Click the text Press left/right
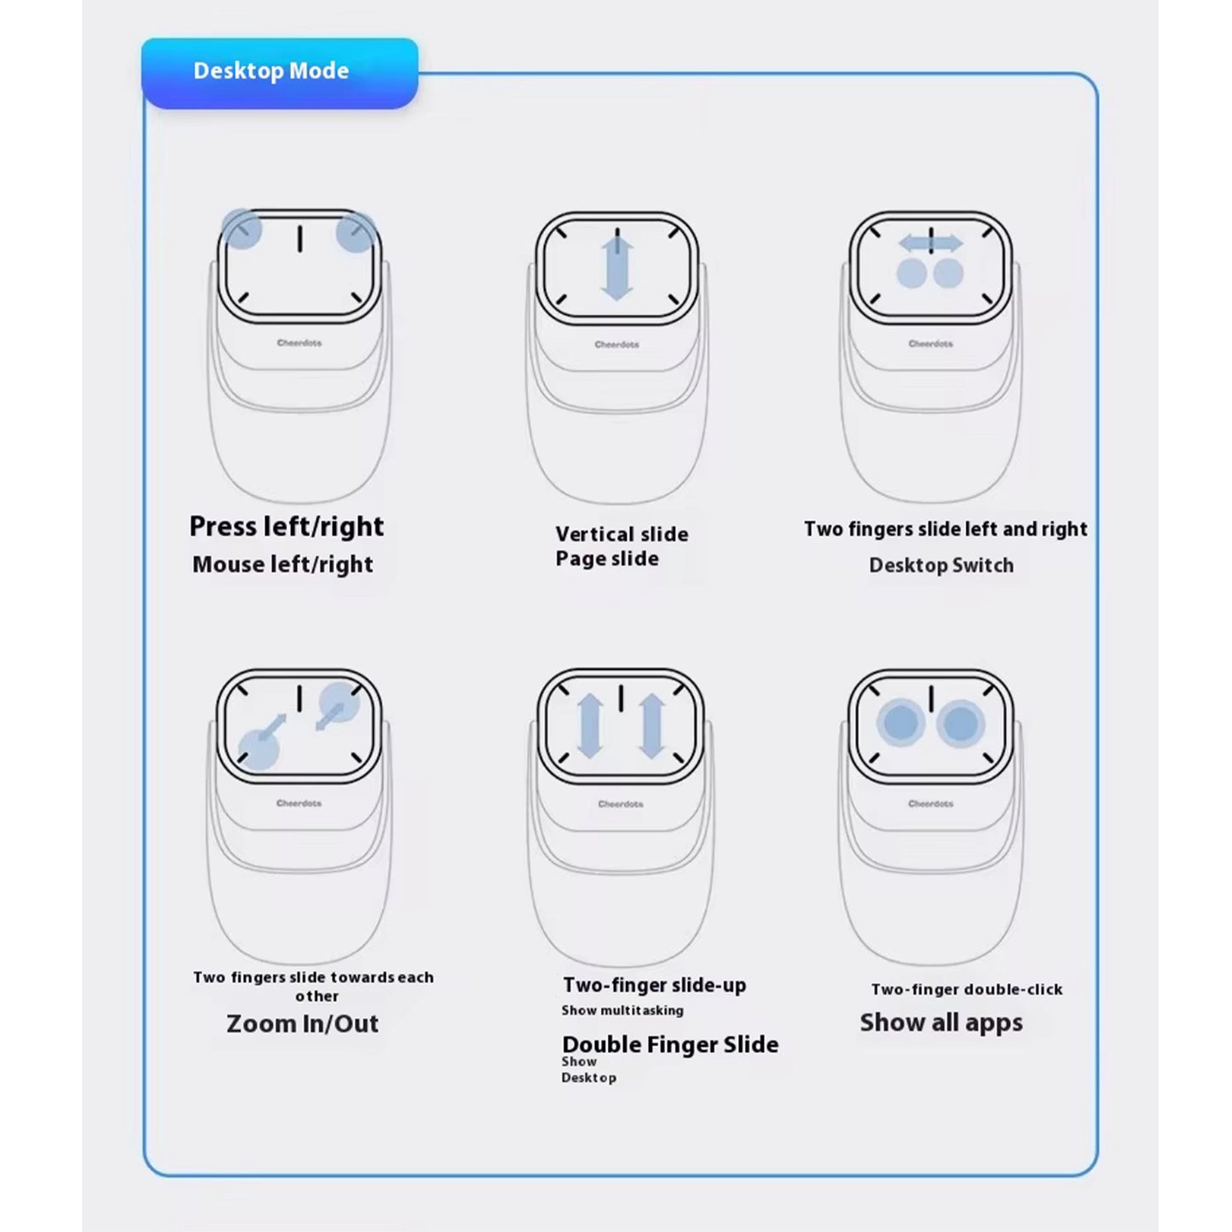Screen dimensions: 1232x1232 pos(286,526)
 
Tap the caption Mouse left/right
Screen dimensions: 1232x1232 pos(283,564)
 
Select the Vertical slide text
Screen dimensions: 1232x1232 pos(622,535)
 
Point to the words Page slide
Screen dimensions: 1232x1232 pos(607,559)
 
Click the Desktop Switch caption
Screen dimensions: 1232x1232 pos(941,565)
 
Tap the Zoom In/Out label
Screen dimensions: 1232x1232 pos(303,1024)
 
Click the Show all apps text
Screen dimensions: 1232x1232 pos(941,1022)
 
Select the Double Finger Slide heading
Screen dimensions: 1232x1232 pos(670,1044)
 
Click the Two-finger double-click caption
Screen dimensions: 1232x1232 pos(967,990)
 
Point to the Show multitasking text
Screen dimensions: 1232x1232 pos(622,1010)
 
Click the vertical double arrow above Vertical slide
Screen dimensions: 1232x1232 pos(616,269)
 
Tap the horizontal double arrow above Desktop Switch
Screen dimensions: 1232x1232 pos(931,244)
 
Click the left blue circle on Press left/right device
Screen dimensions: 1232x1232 pos(242,229)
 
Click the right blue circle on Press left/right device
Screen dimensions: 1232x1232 pos(356,234)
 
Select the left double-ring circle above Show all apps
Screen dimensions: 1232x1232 pos(900,723)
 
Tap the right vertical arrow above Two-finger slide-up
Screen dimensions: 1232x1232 pos(651,726)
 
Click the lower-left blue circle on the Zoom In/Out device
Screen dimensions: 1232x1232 pos(258,749)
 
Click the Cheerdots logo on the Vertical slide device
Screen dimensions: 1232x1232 pos(616,344)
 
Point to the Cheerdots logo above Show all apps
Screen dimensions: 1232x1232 pos(930,803)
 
